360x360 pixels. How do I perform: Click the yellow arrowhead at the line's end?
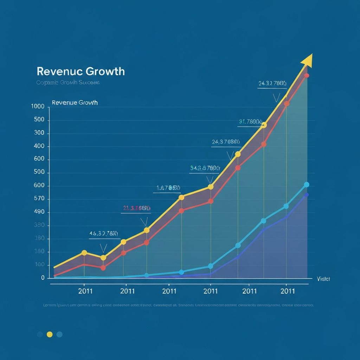[307, 60]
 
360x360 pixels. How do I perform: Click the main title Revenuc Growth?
[81, 71]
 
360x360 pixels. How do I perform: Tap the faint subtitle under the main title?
[68, 83]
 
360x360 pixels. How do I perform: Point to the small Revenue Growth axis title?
[75, 103]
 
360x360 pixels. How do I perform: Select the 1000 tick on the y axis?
[38, 107]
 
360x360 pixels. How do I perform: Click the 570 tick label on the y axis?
[39, 199]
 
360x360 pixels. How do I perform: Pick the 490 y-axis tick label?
[39, 212]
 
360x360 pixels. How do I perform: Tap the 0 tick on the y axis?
[43, 278]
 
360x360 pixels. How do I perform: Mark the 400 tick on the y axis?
[39, 146]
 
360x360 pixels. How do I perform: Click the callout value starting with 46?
[103, 233]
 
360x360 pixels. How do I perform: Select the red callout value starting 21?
[137, 208]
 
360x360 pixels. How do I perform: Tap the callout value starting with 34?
[205, 168]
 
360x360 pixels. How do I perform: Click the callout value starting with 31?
[250, 122]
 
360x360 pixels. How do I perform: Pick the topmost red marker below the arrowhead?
[307, 76]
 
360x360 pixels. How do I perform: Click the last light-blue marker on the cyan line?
[306, 185]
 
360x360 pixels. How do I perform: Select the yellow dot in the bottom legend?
[50, 334]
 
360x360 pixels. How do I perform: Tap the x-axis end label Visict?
[323, 279]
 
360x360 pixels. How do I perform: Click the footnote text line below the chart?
[178, 306]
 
